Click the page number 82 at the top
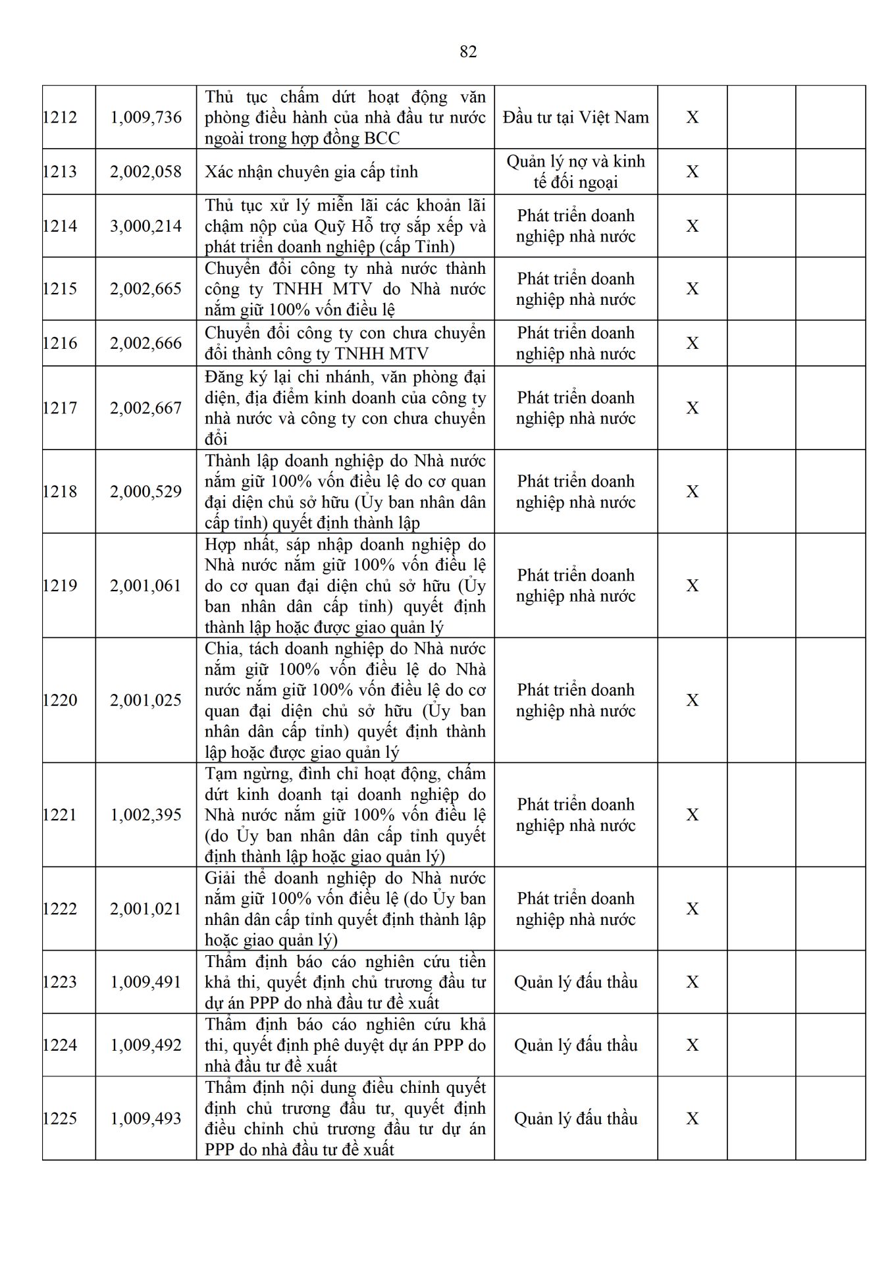point(468,52)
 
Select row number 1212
point(60,117)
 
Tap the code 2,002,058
point(145,172)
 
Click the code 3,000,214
point(145,226)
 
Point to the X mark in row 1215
point(692,289)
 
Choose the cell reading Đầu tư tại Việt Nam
point(575,117)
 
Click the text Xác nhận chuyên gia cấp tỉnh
point(311,172)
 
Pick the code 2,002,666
point(145,343)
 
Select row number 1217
point(60,408)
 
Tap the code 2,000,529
point(145,492)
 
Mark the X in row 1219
point(692,586)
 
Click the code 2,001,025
point(145,700)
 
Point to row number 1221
point(60,815)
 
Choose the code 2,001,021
point(145,909)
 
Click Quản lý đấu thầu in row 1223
point(575,982)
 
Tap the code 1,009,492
point(145,1045)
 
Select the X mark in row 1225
point(692,1119)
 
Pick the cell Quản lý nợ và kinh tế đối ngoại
point(575,172)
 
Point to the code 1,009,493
point(145,1119)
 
